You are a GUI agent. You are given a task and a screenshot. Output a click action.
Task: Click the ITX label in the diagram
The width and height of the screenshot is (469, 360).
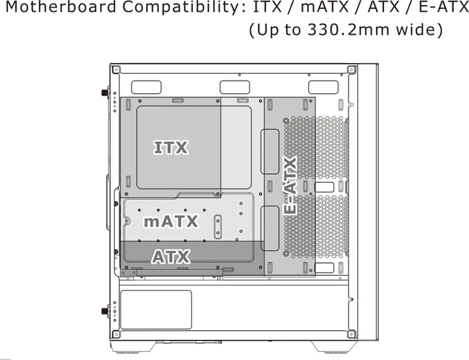coord(171,147)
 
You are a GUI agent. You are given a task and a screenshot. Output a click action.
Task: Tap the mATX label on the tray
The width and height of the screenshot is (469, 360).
coord(171,221)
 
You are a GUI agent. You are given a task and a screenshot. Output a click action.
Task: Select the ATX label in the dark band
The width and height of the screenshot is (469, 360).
coord(171,257)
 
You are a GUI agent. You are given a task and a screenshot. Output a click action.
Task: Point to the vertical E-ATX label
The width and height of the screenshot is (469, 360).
coord(290,186)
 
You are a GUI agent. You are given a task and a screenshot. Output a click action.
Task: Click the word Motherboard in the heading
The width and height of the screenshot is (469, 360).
coord(61,7)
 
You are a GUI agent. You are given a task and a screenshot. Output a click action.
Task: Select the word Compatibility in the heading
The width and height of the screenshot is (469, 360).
coord(185,7)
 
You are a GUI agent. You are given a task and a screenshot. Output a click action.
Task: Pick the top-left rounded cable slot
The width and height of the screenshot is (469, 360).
coord(146,87)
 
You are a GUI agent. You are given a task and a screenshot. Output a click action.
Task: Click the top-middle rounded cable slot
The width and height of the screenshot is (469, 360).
coord(234,87)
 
